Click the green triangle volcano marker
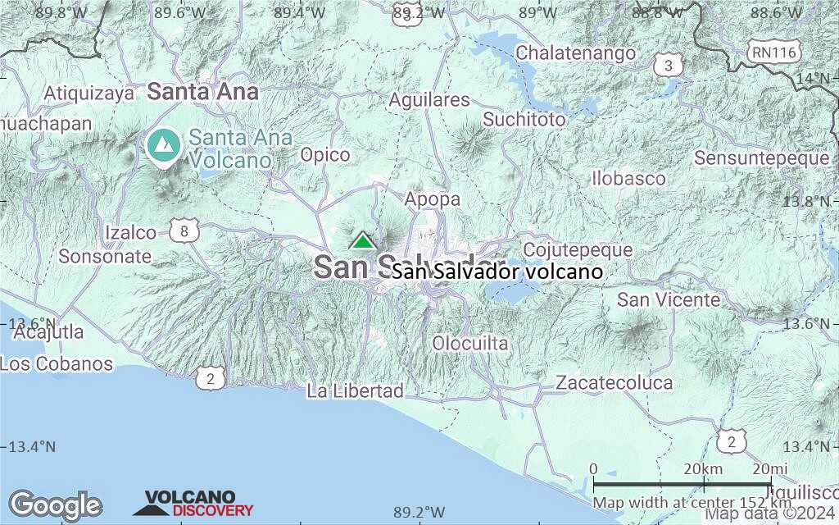(x=362, y=240)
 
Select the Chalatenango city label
(x=576, y=53)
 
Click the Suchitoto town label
(x=524, y=120)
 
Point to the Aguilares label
(x=429, y=100)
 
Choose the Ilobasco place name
(x=629, y=178)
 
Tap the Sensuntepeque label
(x=762, y=157)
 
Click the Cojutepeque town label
(x=578, y=249)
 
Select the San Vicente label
(x=669, y=299)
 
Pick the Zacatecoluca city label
(x=615, y=382)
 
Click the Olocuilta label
(x=470, y=343)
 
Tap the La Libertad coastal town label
(x=356, y=391)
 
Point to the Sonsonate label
(x=105, y=256)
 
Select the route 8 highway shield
(x=185, y=232)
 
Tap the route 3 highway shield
(x=669, y=65)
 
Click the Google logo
(x=56, y=505)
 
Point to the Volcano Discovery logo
(x=193, y=504)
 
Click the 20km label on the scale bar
(x=702, y=468)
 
